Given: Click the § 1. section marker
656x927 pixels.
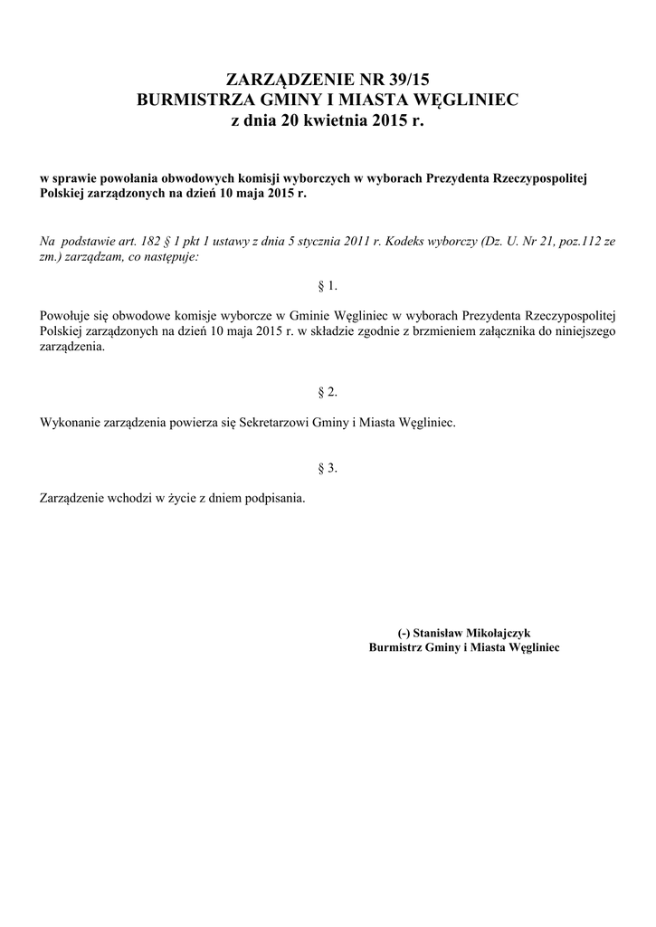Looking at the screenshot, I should tap(328, 285).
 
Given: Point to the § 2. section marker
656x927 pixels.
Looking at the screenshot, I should tap(328, 391).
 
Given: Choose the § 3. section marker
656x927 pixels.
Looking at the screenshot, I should tap(328, 467).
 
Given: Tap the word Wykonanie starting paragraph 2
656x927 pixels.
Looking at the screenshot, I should tap(71, 423).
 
